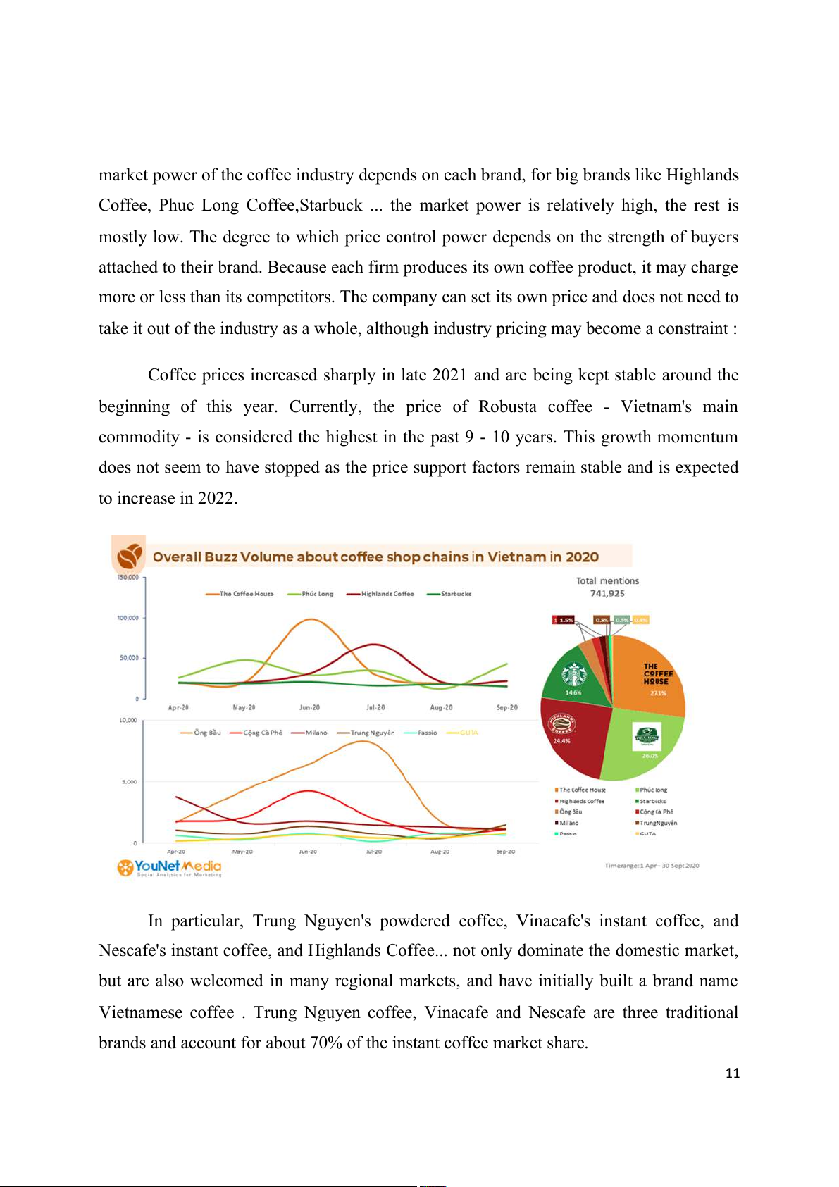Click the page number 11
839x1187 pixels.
(x=732, y=1073)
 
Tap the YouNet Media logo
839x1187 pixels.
(x=169, y=867)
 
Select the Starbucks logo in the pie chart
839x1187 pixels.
(x=574, y=674)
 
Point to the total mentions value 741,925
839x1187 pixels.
(x=607, y=593)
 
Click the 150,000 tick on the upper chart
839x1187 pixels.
(x=128, y=578)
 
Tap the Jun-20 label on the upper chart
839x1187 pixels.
(x=309, y=707)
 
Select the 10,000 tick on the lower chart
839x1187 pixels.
(x=128, y=720)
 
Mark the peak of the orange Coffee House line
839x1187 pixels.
(x=311, y=619)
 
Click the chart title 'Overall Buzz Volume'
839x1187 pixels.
(x=375, y=557)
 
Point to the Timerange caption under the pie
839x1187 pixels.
(x=652, y=866)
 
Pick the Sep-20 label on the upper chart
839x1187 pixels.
(x=506, y=707)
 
